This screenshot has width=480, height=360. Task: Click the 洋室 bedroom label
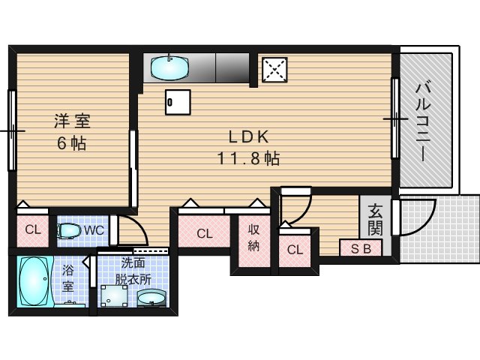[72, 121]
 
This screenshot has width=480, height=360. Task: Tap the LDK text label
[248, 136]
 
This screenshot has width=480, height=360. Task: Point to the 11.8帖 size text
[248, 158]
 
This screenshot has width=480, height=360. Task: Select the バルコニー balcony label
[423, 121]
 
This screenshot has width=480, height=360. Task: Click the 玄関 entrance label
[375, 220]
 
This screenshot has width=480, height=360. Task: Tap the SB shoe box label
[361, 248]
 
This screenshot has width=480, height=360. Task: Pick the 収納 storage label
[253, 237]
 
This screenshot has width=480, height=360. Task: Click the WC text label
[94, 230]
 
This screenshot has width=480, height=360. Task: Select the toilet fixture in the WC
[68, 230]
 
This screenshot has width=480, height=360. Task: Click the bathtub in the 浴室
[34, 281]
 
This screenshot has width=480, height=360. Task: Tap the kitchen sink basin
[169, 67]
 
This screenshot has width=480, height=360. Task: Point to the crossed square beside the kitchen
[274, 70]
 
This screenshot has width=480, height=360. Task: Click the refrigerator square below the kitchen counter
[178, 102]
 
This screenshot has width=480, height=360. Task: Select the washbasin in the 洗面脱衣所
[151, 298]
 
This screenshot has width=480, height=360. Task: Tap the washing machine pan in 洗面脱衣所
[114, 295]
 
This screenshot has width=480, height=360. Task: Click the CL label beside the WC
[33, 229]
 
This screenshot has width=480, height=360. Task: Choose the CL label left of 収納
[205, 234]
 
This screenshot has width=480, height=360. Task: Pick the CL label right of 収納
[295, 250]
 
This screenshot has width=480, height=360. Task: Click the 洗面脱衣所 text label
[133, 271]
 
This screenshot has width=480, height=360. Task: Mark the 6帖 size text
[72, 143]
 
